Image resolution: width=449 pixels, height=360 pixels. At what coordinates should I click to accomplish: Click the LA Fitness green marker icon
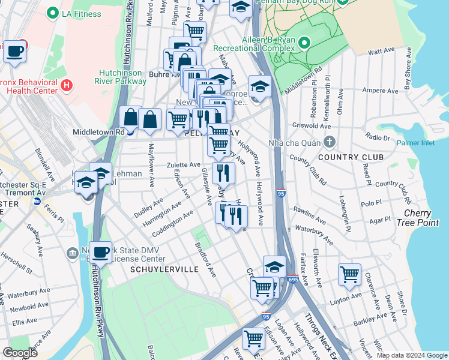[53, 13]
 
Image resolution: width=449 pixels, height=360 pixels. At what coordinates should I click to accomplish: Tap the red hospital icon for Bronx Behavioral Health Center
[66, 86]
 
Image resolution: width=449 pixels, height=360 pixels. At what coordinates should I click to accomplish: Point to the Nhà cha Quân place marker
[329, 142]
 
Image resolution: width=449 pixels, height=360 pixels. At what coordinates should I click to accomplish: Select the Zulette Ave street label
[184, 164]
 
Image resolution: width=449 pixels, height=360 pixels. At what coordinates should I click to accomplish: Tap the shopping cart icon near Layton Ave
[349, 275]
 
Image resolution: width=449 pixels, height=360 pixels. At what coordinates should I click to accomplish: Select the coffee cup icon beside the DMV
[101, 251]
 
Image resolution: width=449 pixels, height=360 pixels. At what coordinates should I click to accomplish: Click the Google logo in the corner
[20, 353]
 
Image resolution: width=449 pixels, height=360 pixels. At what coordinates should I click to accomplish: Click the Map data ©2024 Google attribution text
[411, 355]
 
